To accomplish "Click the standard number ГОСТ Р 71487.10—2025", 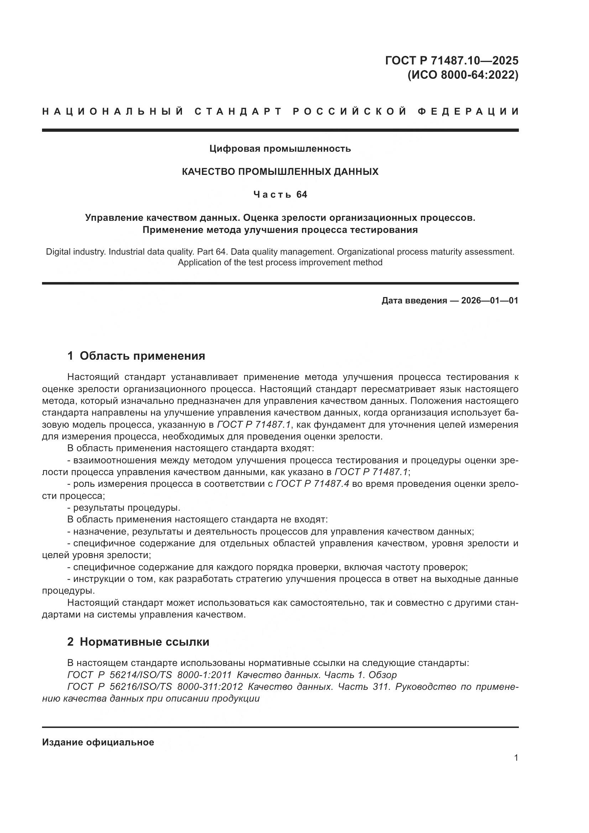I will (452, 60).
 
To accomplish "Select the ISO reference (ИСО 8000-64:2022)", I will (463, 75).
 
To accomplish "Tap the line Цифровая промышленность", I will (280, 149).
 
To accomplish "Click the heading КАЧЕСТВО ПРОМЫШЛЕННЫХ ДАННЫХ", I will (280, 172).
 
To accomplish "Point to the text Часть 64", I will (280, 195).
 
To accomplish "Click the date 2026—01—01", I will (490, 301).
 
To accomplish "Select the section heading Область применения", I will (142, 356).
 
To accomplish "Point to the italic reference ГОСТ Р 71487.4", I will (312, 484).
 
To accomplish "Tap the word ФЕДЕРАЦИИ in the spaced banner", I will (468, 111).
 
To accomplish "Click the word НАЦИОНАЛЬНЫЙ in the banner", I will (113, 111).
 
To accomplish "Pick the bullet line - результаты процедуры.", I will (124, 507).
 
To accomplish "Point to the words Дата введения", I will (414, 301).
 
